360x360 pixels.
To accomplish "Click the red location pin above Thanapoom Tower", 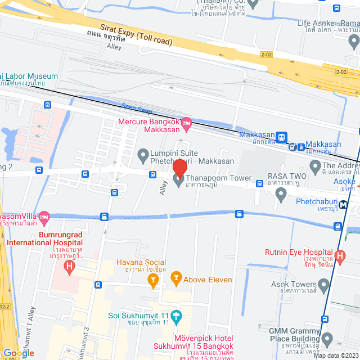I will pos(179,168).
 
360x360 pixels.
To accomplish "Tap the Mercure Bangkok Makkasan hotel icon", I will pos(187,122).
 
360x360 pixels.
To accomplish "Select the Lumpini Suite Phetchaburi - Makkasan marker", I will pos(143,154).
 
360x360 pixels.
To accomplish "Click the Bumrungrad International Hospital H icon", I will pos(69,265).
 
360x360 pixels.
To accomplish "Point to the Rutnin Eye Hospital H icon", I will pos(339,257).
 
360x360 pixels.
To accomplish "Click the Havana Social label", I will pos(141,262).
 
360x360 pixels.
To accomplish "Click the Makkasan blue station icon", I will pos(281,136).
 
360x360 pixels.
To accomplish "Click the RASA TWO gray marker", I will pos(281,195).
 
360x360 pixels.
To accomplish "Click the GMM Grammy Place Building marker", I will pos(325,339).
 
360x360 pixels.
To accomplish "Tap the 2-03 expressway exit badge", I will pos(341,72).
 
